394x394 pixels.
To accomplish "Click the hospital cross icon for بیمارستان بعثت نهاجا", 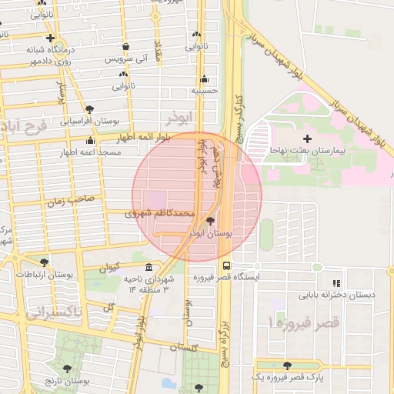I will click(308, 139).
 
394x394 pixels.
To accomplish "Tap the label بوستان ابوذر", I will click(231, 231).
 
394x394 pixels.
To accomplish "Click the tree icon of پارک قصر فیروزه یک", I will click(288, 366).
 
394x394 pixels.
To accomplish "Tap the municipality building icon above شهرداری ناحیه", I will click(149, 267).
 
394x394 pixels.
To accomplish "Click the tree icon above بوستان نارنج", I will click(66, 369).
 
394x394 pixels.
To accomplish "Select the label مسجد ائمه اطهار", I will click(92, 152).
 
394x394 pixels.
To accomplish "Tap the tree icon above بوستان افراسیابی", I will click(90, 109).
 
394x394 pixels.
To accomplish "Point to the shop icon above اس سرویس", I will click(124, 47).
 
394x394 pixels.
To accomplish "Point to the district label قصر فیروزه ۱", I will click(303, 322).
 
